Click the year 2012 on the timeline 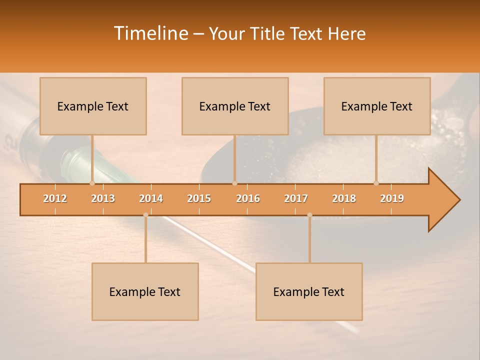point(55,198)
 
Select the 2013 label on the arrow point(103,198)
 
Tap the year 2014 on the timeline point(151,198)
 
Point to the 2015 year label point(199,198)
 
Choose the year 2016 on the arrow point(248,198)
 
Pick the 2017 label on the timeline point(296,198)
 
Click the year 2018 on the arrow point(344,198)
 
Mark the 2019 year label point(392,198)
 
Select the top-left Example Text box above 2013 point(93,106)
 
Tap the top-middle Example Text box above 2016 point(235,106)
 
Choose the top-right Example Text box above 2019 point(377,106)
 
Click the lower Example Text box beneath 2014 point(145,291)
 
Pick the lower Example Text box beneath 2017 point(309,291)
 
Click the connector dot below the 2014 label point(145,215)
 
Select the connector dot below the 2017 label point(309,215)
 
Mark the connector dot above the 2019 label point(376,183)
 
